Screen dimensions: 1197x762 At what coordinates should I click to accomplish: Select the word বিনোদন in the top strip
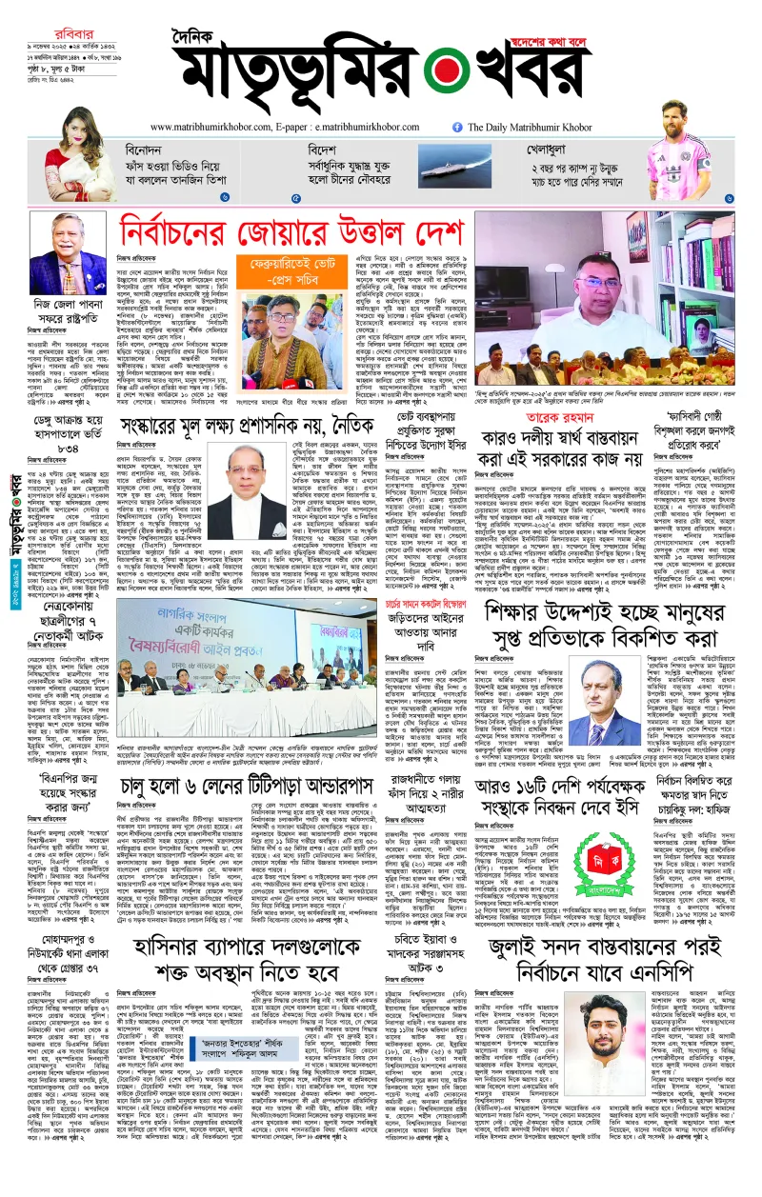click(150, 150)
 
